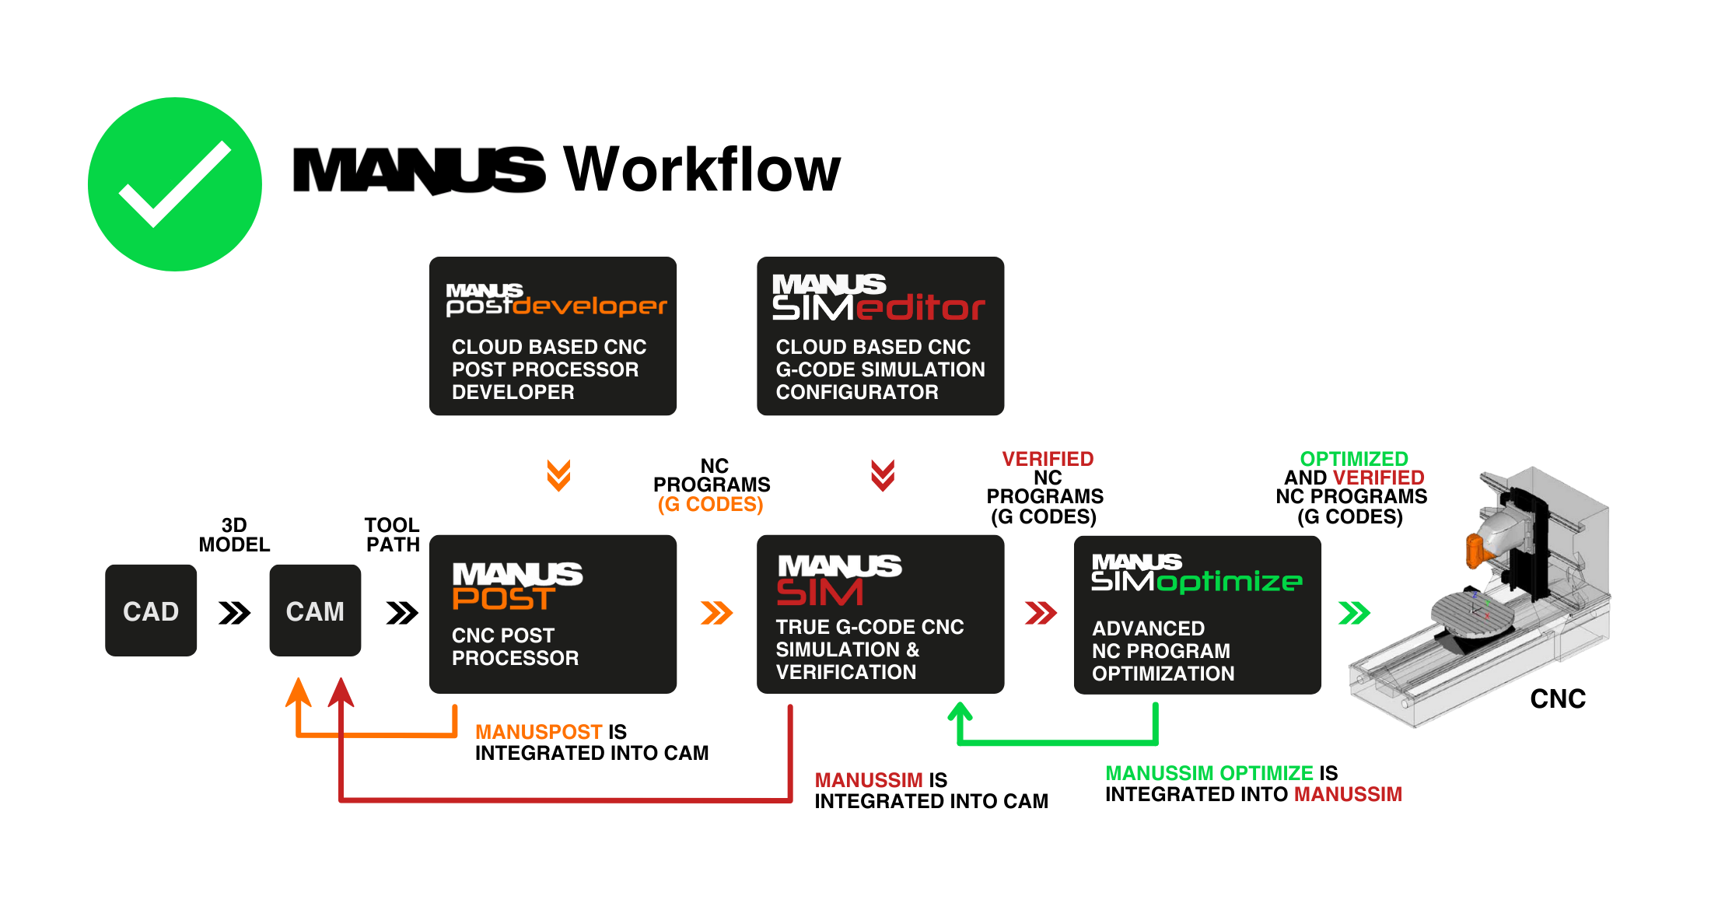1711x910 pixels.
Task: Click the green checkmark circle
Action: [x=175, y=184]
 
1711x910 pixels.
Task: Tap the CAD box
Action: [x=151, y=611]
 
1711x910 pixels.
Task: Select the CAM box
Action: [x=315, y=611]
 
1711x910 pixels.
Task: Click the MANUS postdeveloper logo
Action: [x=556, y=300]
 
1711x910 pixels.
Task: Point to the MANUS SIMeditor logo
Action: [x=878, y=298]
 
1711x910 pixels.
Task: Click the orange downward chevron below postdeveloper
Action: [x=558, y=475]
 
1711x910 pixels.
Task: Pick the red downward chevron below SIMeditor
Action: [x=882, y=475]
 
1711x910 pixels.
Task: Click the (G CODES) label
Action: [x=710, y=505]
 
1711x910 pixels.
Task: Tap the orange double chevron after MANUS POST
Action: [x=716, y=613]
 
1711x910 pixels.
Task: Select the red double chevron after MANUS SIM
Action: [x=1041, y=613]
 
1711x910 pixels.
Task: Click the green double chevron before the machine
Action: [x=1354, y=613]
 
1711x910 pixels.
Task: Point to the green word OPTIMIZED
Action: [x=1354, y=459]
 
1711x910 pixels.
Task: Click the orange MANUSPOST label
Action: [x=538, y=732]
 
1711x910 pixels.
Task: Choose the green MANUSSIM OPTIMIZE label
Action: [x=1209, y=773]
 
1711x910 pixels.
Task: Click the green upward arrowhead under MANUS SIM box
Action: [x=960, y=711]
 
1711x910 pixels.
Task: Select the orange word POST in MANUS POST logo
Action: [x=504, y=599]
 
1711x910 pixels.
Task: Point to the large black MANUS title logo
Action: [x=420, y=170]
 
